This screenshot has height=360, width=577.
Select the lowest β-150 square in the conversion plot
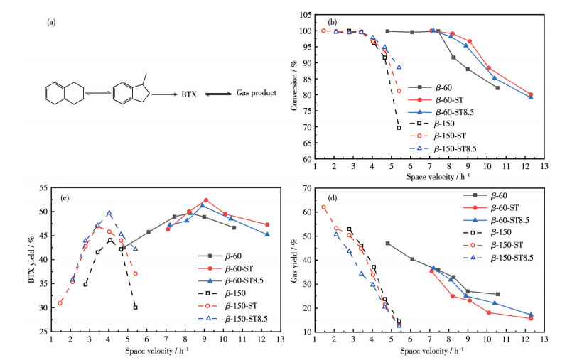click(x=399, y=128)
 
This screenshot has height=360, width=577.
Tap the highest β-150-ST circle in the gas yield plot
click(x=323, y=207)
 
